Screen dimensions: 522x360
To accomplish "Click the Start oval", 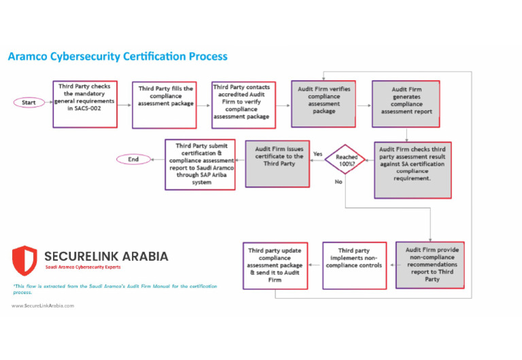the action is [29, 103].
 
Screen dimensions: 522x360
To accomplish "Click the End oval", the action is [133, 160].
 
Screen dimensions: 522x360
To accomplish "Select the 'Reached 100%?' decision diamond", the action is [345, 160].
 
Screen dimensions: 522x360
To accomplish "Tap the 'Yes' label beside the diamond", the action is [317, 154].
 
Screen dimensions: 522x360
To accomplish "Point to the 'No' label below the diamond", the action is [338, 182].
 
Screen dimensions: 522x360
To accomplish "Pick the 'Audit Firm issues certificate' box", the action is [277, 164].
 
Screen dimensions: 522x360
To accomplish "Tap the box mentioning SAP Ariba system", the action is [201, 164].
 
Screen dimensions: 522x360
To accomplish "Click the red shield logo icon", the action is [24, 261].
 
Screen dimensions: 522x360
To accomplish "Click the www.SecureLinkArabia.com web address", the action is [43, 306].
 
